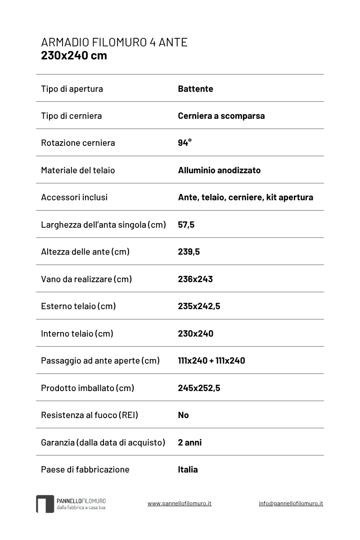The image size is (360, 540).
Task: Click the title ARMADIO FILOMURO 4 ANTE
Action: (x=114, y=42)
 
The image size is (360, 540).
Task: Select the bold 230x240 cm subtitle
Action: (x=74, y=56)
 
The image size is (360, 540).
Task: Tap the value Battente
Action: (x=195, y=89)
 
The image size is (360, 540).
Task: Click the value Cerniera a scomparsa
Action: (x=221, y=116)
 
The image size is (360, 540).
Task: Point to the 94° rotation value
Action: (x=184, y=143)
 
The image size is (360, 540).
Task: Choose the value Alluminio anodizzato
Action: (x=219, y=170)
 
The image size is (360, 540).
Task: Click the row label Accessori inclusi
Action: (x=74, y=197)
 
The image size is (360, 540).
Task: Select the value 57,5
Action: (x=186, y=225)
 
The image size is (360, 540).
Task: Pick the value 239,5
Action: (x=189, y=252)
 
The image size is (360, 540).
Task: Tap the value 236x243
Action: (x=195, y=279)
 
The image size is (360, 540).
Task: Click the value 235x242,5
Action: (x=199, y=306)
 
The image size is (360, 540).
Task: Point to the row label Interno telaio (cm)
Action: (x=77, y=333)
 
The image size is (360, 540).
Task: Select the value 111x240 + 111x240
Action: (x=211, y=360)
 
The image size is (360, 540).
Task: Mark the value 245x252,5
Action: (x=199, y=388)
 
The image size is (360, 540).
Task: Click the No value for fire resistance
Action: (x=183, y=415)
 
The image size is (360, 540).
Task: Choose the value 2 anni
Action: (x=189, y=442)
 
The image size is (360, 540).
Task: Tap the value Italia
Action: (x=188, y=469)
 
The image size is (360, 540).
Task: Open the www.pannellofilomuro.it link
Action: (x=179, y=503)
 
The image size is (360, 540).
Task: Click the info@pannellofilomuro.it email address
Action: (x=291, y=503)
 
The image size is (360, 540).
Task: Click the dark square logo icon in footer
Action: (x=45, y=504)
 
